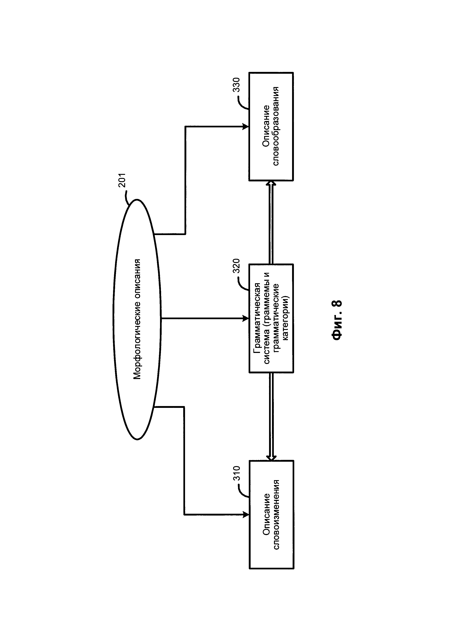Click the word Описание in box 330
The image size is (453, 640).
tap(266, 126)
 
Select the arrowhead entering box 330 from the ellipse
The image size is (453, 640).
tap(246, 126)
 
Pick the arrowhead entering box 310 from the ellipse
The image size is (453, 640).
tap(246, 515)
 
